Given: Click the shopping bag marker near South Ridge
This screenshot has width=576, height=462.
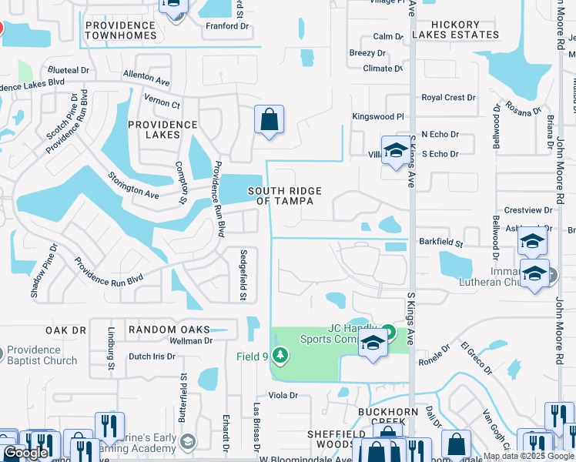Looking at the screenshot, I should pyautogui.click(x=269, y=120).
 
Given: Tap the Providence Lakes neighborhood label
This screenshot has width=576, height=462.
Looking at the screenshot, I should pyautogui.click(x=163, y=129).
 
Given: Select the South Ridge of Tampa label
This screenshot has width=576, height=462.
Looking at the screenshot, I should pyautogui.click(x=284, y=196).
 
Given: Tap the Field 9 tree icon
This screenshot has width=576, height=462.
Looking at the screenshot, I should pyautogui.click(x=281, y=355).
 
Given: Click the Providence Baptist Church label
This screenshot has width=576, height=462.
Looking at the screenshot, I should pyautogui.click(x=42, y=355).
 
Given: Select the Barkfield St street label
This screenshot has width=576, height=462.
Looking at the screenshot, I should pyautogui.click(x=441, y=243).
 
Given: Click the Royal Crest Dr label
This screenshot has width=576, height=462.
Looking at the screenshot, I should pyautogui.click(x=448, y=98).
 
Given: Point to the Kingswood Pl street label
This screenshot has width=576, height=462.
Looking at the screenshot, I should pyautogui.click(x=377, y=116).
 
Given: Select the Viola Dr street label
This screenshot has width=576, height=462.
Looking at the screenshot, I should pyautogui.click(x=283, y=395).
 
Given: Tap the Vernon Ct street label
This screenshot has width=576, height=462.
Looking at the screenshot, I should pyautogui.click(x=162, y=105).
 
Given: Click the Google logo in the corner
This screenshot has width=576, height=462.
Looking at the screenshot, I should pyautogui.click(x=25, y=454).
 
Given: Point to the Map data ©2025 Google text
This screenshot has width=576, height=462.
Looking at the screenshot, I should pyautogui.click(x=528, y=456).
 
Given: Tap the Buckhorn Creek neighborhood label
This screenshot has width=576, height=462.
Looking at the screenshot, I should pyautogui.click(x=388, y=417).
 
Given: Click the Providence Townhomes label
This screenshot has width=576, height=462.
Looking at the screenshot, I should pyautogui.click(x=120, y=30).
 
